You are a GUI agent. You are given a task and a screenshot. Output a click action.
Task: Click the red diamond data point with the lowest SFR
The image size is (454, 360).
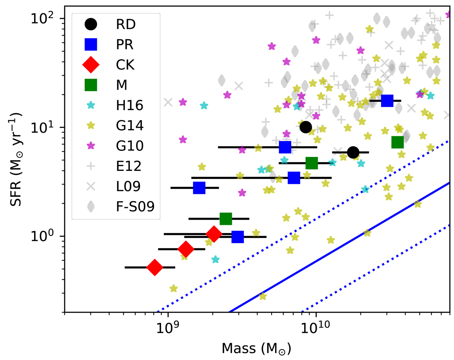click(154, 267)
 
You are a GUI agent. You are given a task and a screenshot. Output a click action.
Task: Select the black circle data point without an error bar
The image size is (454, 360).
click(306, 127)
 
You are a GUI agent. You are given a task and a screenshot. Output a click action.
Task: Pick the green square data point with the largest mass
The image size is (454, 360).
click(398, 142)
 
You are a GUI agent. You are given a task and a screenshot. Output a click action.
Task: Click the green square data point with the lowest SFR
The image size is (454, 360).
click(225, 219)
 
